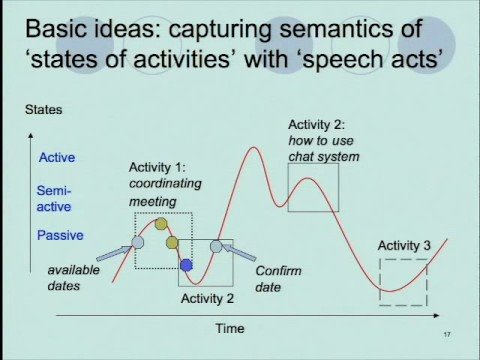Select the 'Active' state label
click(x=56, y=157)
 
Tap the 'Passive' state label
click(x=59, y=235)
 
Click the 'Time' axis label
click(x=229, y=327)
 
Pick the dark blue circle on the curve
click(x=186, y=264)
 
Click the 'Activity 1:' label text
click(x=158, y=167)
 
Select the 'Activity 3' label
click(x=404, y=245)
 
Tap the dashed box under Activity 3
click(x=403, y=281)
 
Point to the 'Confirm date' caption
click(x=275, y=278)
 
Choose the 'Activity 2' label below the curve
click(x=207, y=297)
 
